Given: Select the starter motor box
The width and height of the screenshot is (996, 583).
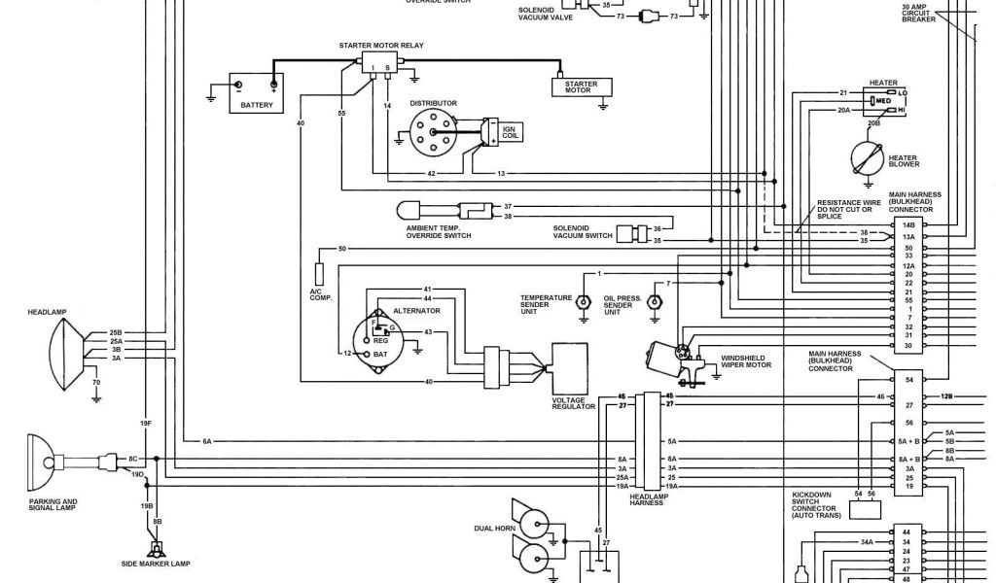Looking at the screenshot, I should point(582,87).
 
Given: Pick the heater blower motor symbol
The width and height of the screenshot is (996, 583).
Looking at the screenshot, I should point(869,155).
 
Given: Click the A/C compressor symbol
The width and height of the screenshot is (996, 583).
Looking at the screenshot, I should point(318,272).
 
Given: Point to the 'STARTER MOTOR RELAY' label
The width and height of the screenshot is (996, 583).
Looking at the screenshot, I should point(381,46).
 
